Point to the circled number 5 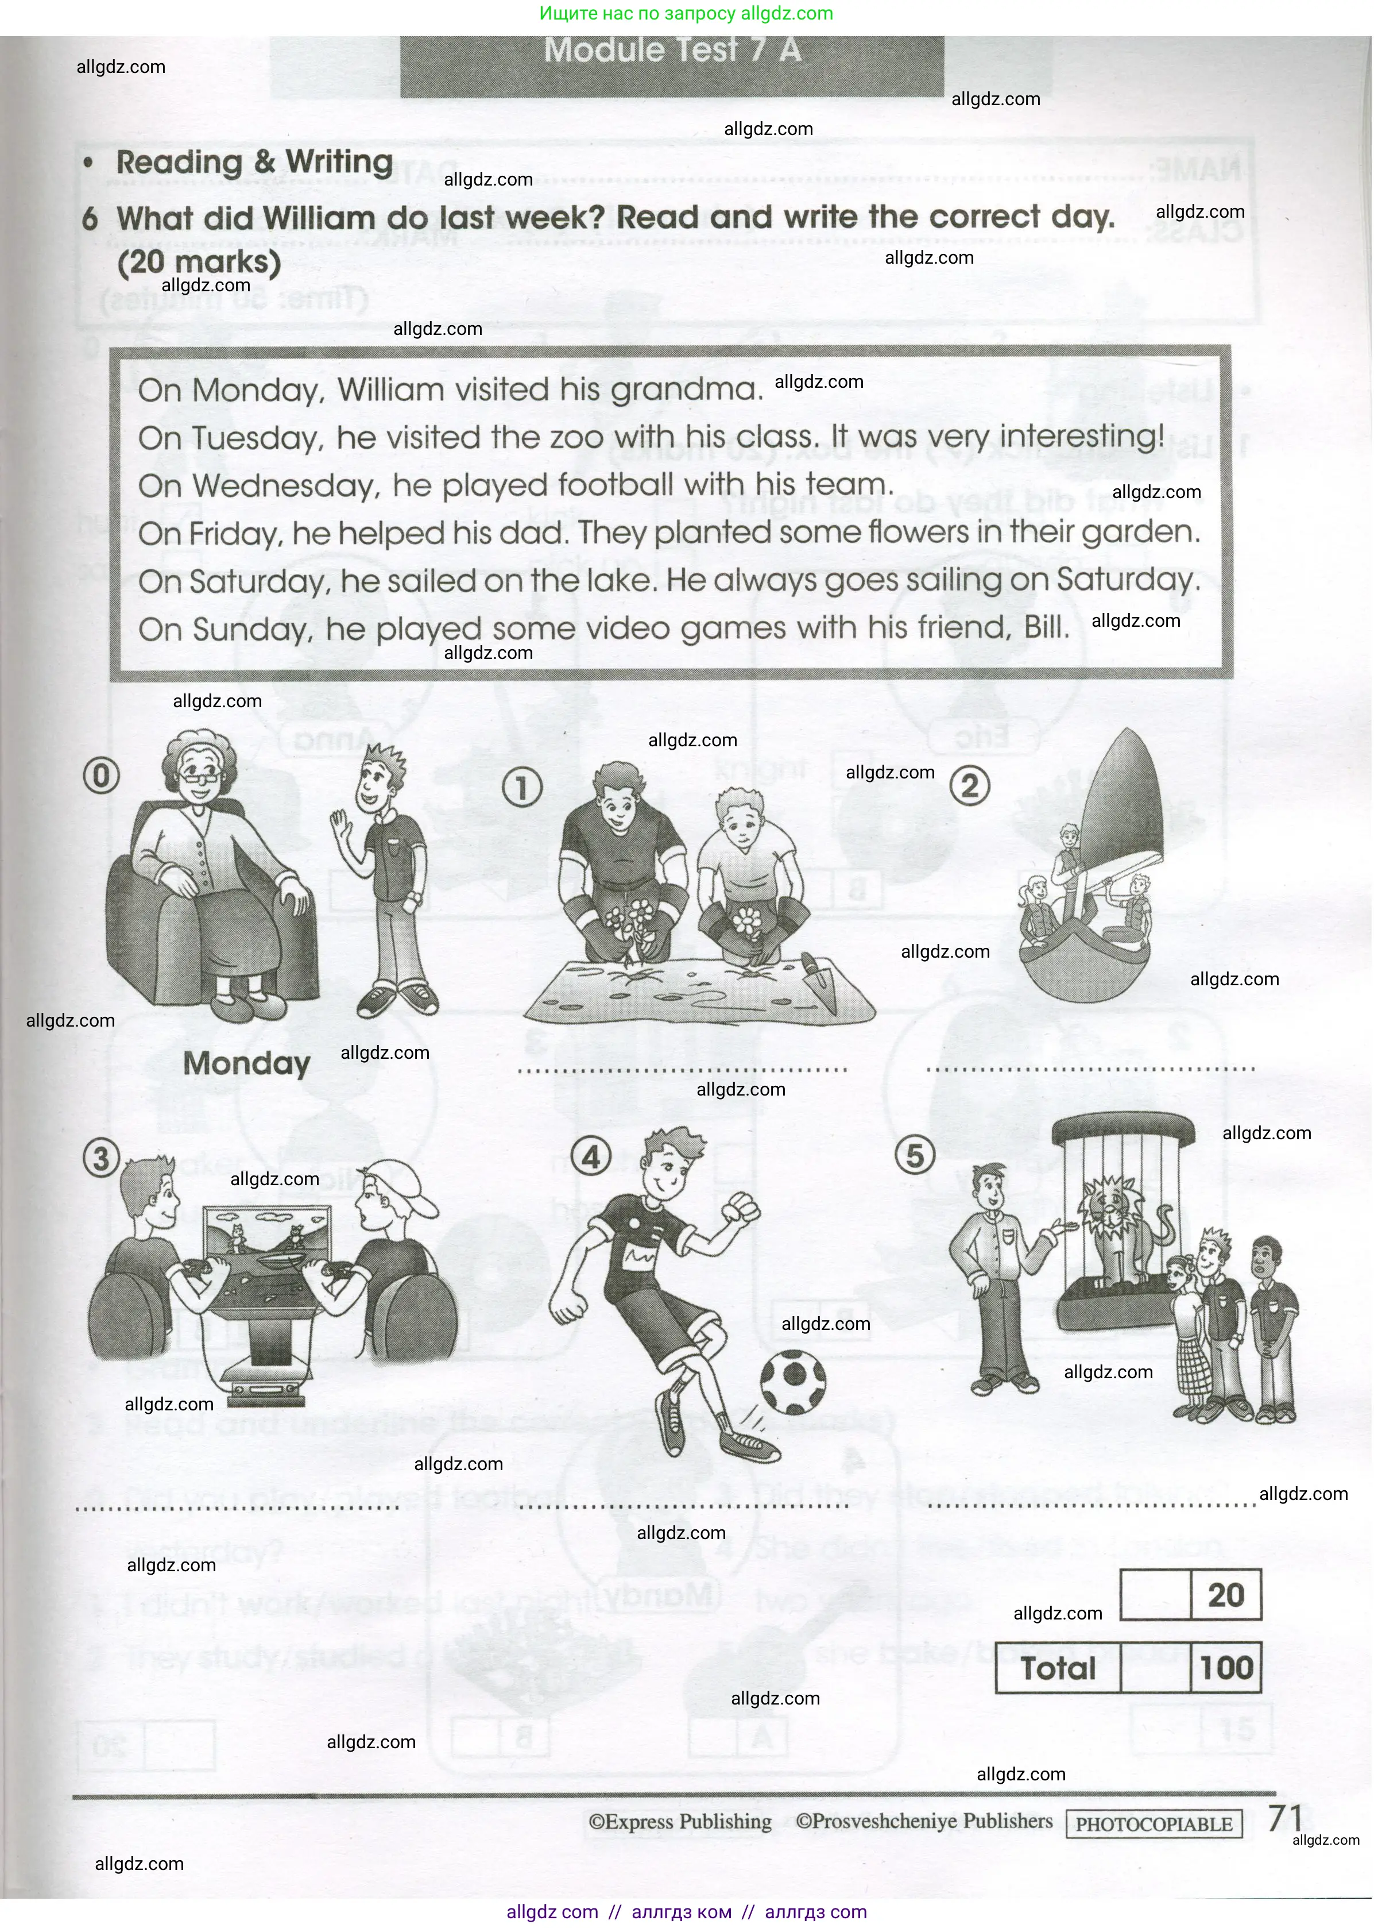coord(915,1155)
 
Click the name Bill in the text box coord(1042,628)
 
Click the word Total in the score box coord(1058,1669)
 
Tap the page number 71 coord(1284,1818)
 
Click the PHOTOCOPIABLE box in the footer coord(1154,1824)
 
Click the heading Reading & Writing coord(254,161)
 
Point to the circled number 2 coord(970,786)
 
